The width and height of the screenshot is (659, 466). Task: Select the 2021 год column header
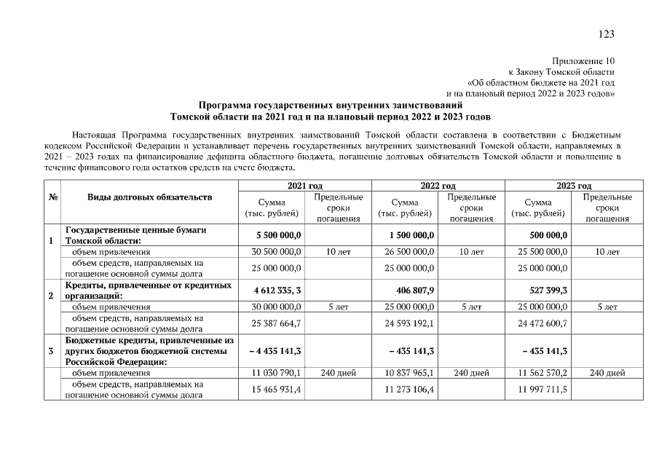pyautogui.click(x=304, y=186)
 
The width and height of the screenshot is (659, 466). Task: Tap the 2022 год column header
pyautogui.click(x=438, y=186)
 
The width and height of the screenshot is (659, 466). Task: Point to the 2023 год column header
pyautogui.click(x=574, y=186)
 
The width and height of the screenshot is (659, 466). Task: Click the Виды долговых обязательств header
pyautogui.click(x=150, y=197)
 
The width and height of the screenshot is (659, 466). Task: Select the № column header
pyautogui.click(x=52, y=197)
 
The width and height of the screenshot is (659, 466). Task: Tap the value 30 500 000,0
pyautogui.click(x=277, y=252)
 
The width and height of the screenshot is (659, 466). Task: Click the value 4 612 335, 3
pyautogui.click(x=278, y=291)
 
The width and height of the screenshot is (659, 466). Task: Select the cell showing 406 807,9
pyautogui.click(x=412, y=291)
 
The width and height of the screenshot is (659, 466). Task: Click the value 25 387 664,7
pyautogui.click(x=277, y=323)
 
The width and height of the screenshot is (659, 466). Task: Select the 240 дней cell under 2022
pyautogui.click(x=472, y=373)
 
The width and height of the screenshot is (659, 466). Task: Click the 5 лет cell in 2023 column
pyautogui.click(x=607, y=307)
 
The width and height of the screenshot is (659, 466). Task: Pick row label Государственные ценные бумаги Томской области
pyautogui.click(x=136, y=235)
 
